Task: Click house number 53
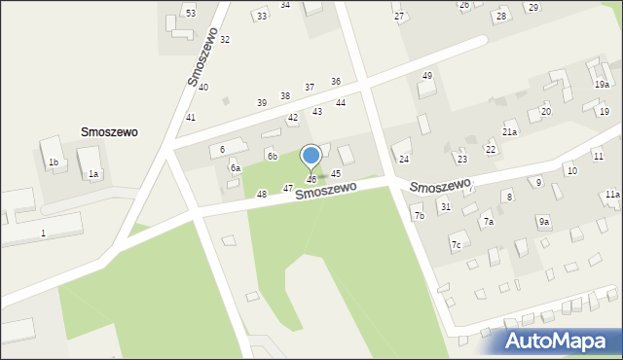pos(191,13)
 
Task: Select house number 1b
pos(54,162)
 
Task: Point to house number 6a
pos(235,167)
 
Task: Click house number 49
pos(426,76)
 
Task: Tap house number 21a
pos(509,131)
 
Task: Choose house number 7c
pos(456,245)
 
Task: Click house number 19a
pos(603,85)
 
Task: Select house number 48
pos(261,195)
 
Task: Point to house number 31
pos(445,206)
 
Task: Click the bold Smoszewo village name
pos(109,131)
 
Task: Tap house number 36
pos(336,82)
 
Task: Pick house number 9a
pos(544,222)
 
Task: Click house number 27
pos(398,18)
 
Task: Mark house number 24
pos(404,159)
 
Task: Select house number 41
pos(191,118)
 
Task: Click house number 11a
pos(611,195)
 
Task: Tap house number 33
pos(261,17)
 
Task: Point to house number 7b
pos(419,215)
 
